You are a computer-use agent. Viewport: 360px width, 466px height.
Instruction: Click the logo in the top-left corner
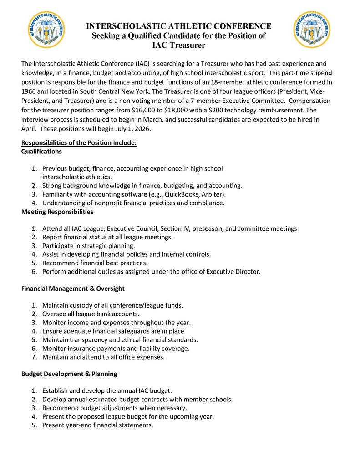46,30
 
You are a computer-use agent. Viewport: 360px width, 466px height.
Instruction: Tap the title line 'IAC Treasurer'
178,45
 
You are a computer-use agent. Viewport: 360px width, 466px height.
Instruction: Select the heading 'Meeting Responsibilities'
57,212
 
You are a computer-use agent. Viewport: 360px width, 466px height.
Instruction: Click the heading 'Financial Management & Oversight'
73,289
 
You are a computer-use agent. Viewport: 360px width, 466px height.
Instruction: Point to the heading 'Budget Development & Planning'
69,374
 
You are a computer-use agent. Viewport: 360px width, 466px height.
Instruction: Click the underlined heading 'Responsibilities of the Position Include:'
79,143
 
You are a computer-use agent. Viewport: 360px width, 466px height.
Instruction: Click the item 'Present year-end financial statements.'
97,425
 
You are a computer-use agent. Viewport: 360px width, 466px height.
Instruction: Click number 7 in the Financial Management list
34,357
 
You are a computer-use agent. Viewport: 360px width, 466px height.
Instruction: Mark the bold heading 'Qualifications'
41,151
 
